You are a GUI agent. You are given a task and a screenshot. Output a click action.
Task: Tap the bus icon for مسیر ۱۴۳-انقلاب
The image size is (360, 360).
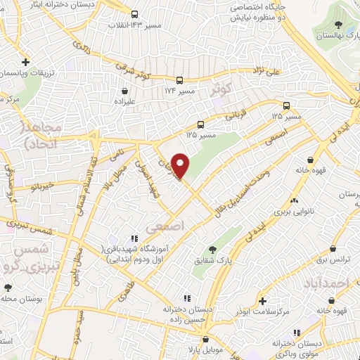[134, 14]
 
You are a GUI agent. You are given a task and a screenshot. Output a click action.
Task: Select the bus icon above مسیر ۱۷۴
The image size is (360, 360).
[181, 79]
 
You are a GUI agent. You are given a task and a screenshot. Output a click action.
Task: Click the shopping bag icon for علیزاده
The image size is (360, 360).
[125, 91]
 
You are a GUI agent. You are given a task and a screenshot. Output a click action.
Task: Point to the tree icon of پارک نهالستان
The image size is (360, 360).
[339, 25]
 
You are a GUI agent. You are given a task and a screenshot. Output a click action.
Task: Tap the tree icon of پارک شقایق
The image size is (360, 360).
[212, 249]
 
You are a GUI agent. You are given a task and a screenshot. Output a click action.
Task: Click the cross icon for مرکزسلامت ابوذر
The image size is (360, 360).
[261, 300]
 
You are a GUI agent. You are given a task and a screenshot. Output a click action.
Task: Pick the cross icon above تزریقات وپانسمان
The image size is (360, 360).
[25, 62]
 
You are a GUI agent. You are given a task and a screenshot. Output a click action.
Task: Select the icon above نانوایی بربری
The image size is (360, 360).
[293, 200]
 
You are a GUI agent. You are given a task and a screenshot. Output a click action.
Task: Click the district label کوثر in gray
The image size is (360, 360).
[220, 90]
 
